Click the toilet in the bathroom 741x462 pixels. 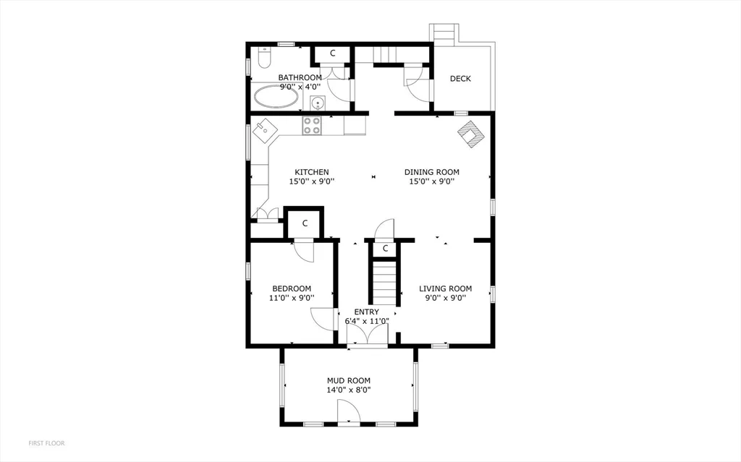[x=265, y=57]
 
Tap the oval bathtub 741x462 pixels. [x=276, y=97]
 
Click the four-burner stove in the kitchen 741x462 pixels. [x=312, y=125]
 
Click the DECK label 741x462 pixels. [x=460, y=79]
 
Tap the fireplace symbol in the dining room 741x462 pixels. [x=471, y=134]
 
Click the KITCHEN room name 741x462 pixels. [x=312, y=172]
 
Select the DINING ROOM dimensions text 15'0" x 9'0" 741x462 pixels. [x=432, y=181]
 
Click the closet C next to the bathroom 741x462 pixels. [x=332, y=54]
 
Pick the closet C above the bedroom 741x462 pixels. [x=305, y=223]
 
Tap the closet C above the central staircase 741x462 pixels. [x=385, y=249]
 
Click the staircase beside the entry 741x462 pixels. [x=385, y=283]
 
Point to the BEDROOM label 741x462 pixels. [x=292, y=288]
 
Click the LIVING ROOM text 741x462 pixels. [x=445, y=288]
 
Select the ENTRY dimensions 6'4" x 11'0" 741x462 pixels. [x=367, y=321]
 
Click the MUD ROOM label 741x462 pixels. [x=349, y=381]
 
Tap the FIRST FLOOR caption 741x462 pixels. [x=47, y=443]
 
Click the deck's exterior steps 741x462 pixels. [x=444, y=33]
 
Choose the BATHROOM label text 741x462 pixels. [x=300, y=77]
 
